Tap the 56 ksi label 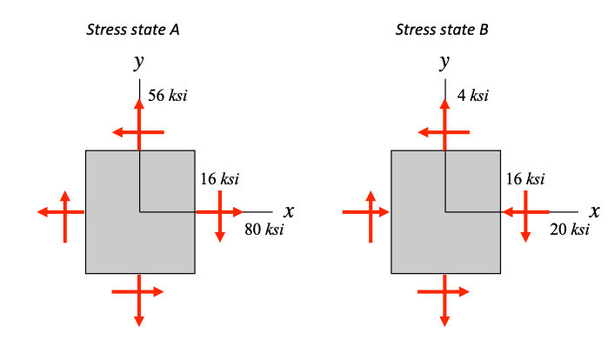168,95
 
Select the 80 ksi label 264,230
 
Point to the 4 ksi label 472,95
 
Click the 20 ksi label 570,230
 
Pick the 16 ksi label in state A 219,179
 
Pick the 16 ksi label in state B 525,179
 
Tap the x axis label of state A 290,210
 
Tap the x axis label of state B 596,210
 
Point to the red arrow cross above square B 444,130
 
